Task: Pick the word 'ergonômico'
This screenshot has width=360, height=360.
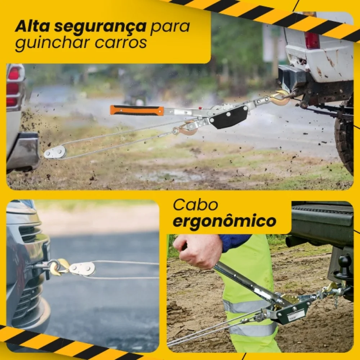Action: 224,222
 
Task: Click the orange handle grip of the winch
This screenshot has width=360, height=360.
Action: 137,110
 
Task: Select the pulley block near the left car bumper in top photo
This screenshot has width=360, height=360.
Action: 55,152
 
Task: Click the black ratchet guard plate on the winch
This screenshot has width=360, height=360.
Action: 229,117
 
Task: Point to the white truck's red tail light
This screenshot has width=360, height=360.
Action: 312,40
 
